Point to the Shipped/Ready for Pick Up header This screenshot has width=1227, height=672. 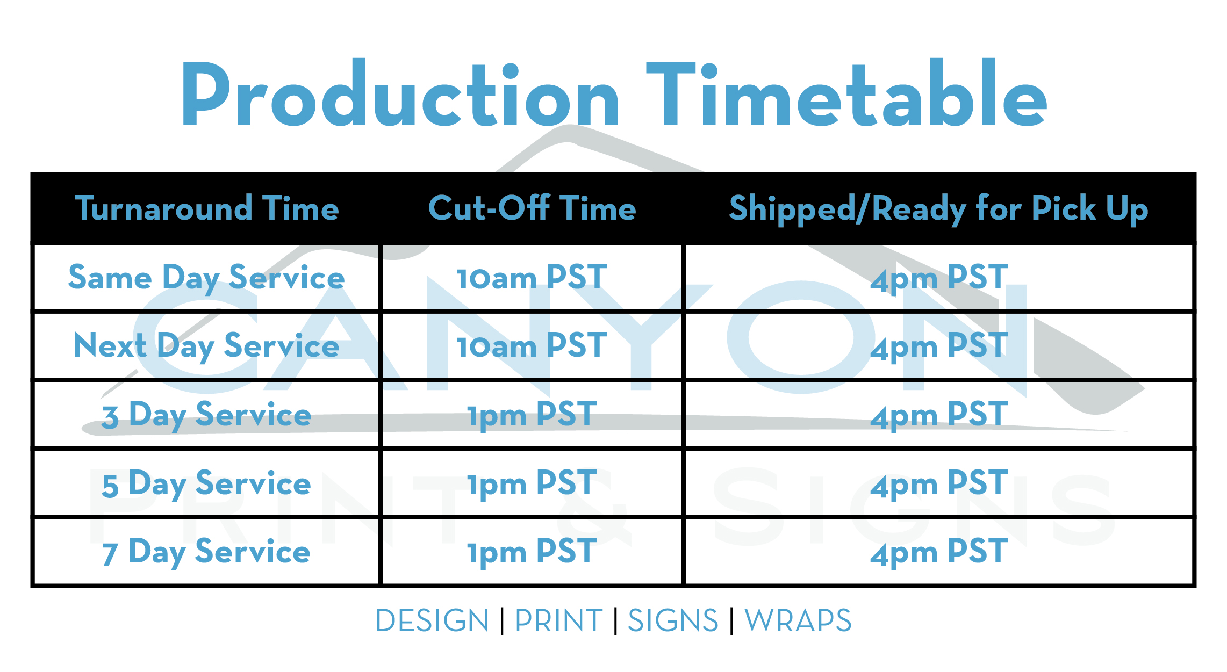coord(938,209)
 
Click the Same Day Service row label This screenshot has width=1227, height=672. coord(206,278)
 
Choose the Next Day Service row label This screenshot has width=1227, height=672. coord(206,346)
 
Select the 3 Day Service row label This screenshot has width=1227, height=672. coord(206,415)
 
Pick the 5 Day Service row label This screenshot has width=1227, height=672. coord(206,483)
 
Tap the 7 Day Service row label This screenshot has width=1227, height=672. coord(206,552)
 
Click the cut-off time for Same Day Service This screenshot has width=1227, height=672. coord(532,278)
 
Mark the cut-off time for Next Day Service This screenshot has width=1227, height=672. coord(532,345)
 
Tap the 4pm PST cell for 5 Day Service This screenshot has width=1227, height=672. coord(939,484)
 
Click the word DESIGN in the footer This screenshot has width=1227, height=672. coord(432,621)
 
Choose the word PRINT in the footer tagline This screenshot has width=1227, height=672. coord(559,621)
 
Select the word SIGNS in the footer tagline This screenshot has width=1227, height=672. coord(673,621)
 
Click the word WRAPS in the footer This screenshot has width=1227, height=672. coord(798,621)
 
